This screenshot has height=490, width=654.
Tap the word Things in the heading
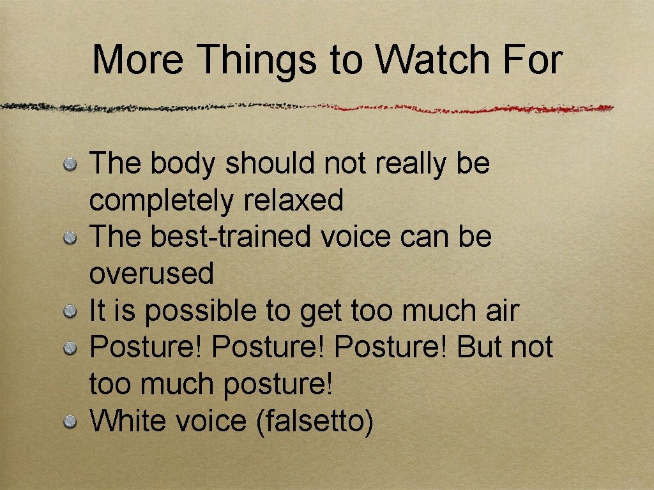coord(257,60)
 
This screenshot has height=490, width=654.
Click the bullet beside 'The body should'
coord(70,165)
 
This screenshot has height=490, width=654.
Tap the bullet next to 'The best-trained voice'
coord(70,239)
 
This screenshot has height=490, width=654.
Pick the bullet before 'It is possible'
coord(70,312)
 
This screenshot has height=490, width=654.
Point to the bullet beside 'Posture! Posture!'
coord(70,348)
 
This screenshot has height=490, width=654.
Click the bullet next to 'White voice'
coord(70,422)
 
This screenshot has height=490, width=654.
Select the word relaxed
coord(293,200)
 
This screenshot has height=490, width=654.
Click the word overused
coord(151,274)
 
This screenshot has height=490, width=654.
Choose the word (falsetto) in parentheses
coord(314,422)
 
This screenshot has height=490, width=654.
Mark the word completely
coord(162,201)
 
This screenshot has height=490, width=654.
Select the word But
coord(480,348)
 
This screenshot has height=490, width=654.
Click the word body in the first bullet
coord(184,164)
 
